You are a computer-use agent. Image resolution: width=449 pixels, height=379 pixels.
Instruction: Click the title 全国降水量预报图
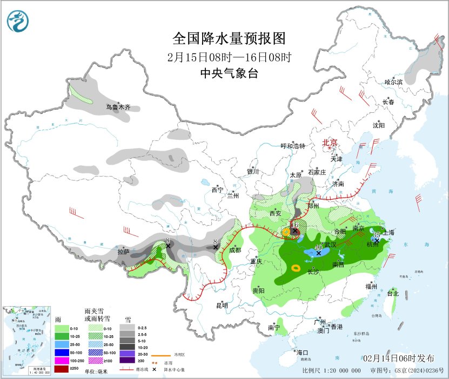coord(229,39)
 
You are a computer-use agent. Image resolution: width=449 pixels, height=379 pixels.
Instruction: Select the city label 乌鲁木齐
coord(118,107)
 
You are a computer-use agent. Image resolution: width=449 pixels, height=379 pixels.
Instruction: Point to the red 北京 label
coord(330,143)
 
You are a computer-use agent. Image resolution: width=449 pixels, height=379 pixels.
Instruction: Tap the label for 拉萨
coord(123,252)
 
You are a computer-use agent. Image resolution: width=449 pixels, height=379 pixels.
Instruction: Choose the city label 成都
coord(236,250)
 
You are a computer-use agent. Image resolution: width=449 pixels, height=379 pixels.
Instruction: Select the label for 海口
coord(300,352)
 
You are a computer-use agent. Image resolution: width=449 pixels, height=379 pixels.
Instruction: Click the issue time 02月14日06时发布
coord(398,358)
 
